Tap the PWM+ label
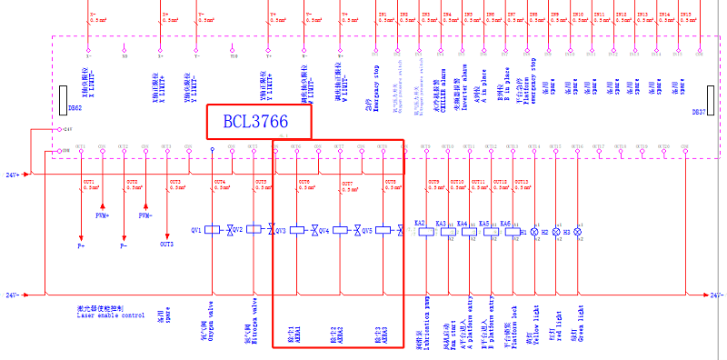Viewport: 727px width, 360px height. [x=102, y=215]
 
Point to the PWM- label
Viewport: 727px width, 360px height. [x=144, y=215]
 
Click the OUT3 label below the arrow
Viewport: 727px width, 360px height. [x=167, y=245]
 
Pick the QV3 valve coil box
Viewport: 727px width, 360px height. [x=297, y=231]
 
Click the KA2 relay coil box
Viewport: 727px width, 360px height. [x=425, y=232]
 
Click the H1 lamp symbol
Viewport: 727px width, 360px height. [x=534, y=232]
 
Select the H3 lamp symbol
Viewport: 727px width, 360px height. [x=577, y=232]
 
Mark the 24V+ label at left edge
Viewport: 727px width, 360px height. [x=13, y=173]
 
